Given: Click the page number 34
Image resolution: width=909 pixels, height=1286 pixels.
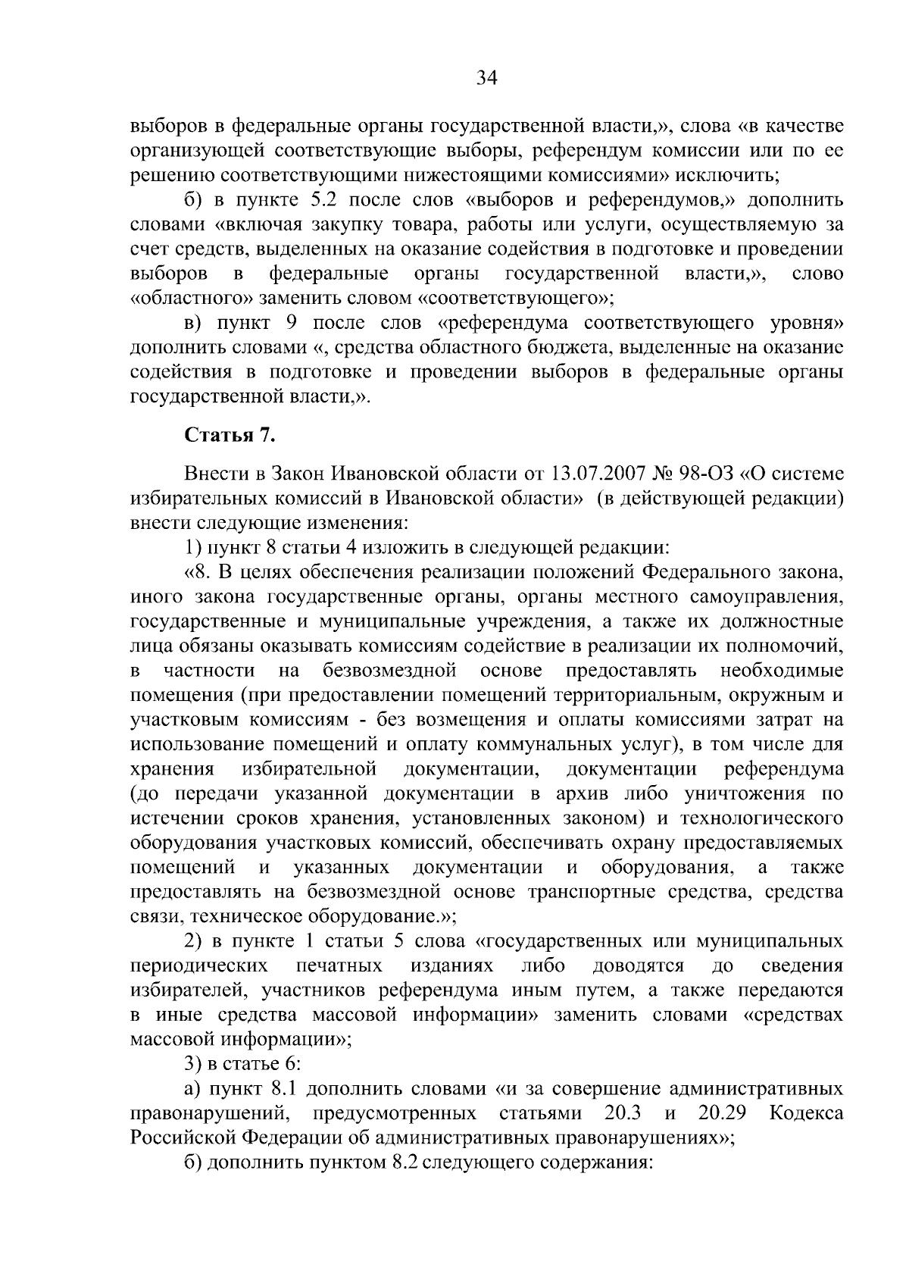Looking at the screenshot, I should click(x=486, y=78).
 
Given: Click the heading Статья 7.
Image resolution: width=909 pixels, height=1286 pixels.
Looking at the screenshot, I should click(x=224, y=436).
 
